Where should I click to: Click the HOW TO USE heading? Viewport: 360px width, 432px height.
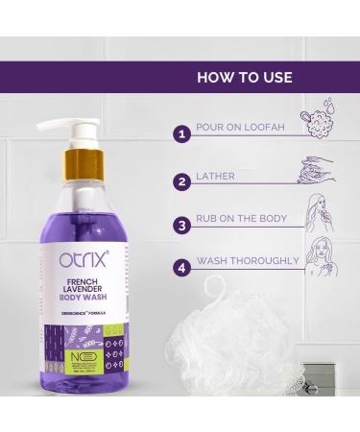pyautogui.click(x=244, y=77)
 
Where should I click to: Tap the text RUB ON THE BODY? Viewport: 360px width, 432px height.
pyautogui.click(x=241, y=219)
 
